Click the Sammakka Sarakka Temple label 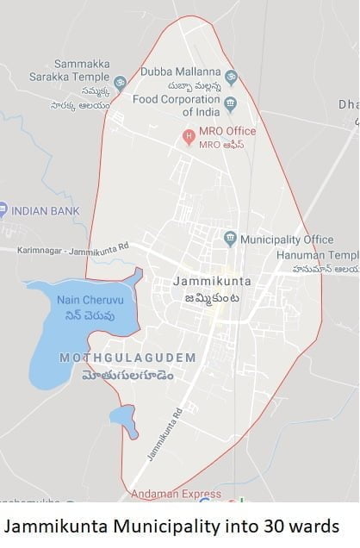tap(81, 70)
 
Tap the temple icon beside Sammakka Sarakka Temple tap(120, 84)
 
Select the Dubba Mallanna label tap(180, 72)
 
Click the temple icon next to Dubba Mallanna tap(230, 78)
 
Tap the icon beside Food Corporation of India tap(230, 104)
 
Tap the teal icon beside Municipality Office tap(230, 238)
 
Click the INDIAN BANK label tap(46, 210)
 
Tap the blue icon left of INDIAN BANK tap(3, 209)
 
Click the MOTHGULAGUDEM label tap(127, 357)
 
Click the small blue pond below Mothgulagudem tap(124, 420)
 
